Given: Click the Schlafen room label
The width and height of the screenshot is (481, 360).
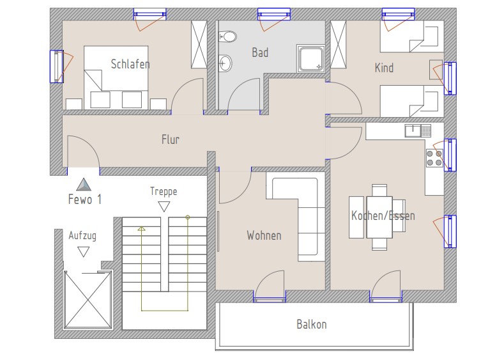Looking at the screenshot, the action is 130,64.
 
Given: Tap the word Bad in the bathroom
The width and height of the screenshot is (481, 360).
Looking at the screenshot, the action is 260,52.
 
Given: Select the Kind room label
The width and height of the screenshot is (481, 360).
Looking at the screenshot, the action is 384,68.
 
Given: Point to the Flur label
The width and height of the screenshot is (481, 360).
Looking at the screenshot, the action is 171,139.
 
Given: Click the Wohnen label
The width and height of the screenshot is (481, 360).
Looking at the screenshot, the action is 264,235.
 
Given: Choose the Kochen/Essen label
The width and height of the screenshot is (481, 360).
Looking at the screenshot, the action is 383,215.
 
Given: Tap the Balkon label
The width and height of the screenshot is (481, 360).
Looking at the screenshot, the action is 312,324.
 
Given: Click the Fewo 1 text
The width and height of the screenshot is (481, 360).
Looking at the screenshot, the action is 85,200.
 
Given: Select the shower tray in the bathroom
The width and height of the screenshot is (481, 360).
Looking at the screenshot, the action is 310,59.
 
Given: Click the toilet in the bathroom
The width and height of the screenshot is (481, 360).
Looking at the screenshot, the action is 227,37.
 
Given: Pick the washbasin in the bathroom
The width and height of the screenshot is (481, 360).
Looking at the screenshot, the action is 225,63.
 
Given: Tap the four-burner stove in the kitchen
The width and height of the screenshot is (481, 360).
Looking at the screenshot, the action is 434,158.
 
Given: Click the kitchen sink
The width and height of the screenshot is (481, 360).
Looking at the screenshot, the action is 418,130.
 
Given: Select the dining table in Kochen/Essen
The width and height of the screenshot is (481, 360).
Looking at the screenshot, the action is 379,217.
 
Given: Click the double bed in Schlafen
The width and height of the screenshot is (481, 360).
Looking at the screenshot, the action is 116,77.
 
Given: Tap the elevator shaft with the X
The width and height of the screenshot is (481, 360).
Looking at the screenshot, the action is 88,299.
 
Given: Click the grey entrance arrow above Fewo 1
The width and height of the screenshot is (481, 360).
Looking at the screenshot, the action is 84,184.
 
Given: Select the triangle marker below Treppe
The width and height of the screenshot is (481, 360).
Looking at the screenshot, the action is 164,207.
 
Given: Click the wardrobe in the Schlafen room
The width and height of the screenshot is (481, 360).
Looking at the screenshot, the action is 199,45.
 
